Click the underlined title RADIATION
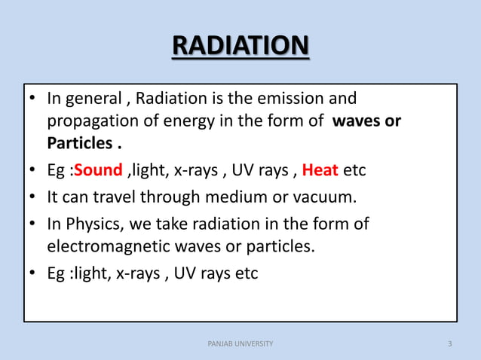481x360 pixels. coord(240,47)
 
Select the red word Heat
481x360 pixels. coord(320,170)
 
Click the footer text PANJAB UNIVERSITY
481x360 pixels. coord(240,344)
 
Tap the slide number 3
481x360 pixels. coord(449,344)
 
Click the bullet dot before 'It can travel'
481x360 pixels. coord(34,197)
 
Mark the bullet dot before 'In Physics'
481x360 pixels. coord(34,224)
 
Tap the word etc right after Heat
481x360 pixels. coord(354,170)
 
